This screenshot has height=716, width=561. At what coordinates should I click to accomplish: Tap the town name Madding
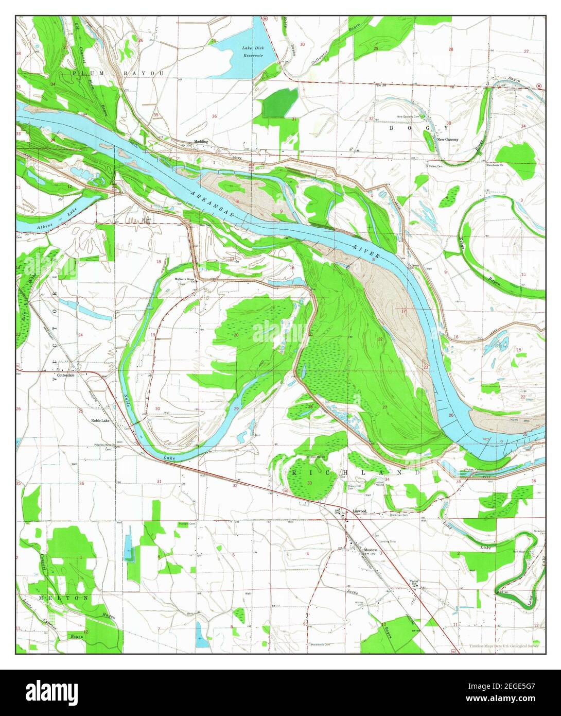201,141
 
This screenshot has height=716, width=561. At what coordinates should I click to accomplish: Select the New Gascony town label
447,140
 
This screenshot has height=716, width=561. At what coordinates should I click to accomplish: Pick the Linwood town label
359,511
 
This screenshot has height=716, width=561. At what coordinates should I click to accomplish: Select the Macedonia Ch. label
498,165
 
